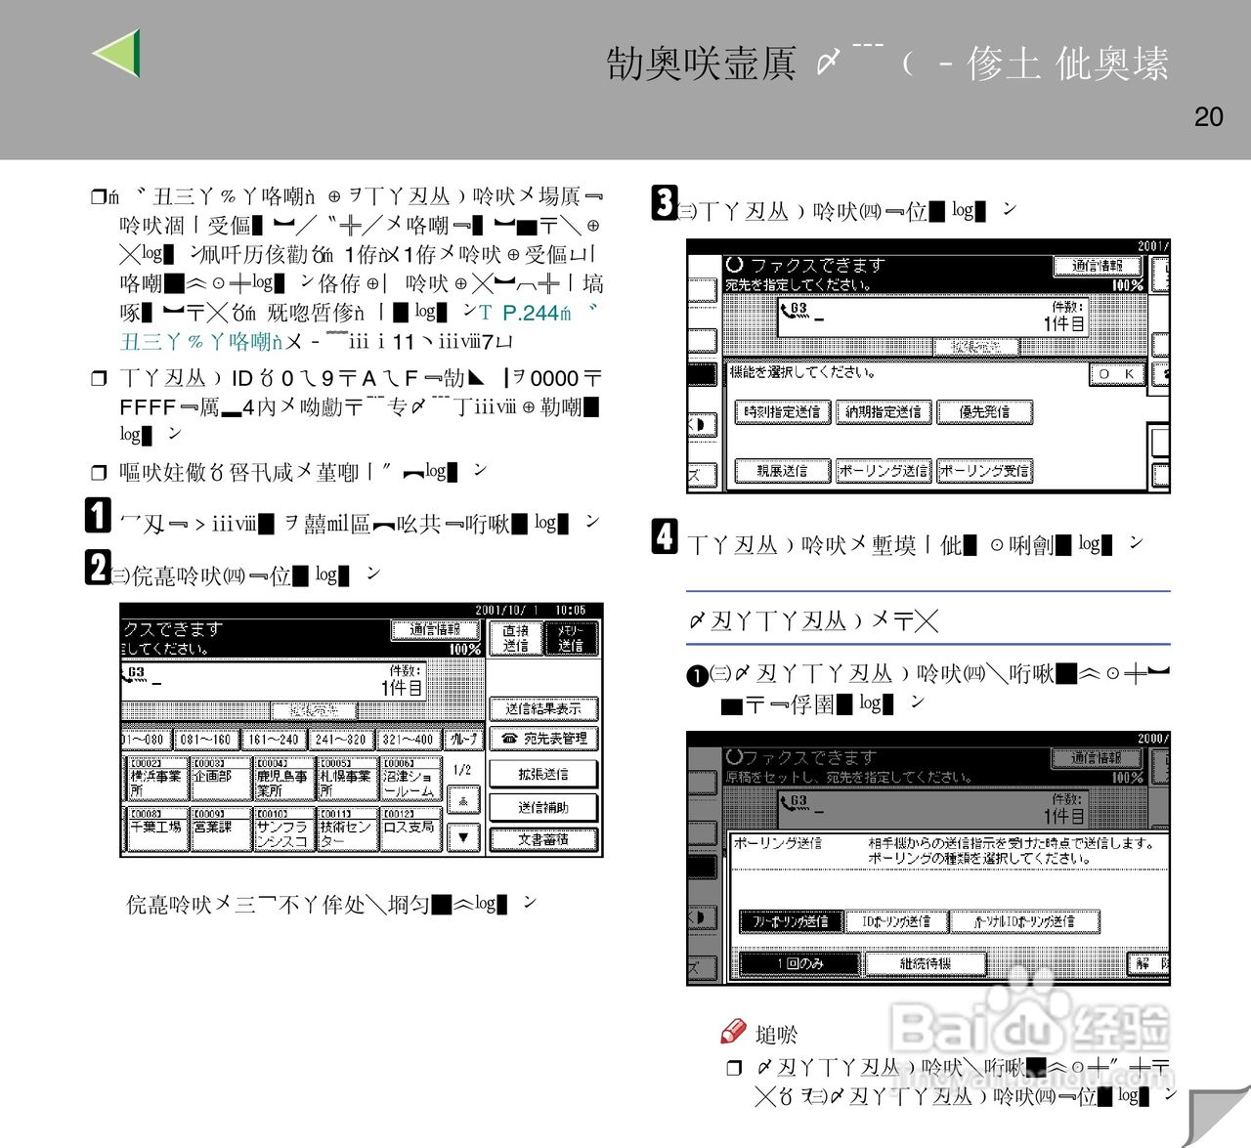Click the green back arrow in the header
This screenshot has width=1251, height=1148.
(x=118, y=53)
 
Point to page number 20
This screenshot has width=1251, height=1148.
(x=1208, y=117)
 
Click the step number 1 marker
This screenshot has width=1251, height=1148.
(x=98, y=515)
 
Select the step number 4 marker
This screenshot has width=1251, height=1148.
(x=665, y=536)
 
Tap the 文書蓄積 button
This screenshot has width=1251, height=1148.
(x=543, y=839)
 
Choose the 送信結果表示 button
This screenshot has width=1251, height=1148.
(x=543, y=708)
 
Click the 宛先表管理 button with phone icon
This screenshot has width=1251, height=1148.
(x=543, y=739)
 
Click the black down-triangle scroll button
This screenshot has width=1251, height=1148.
(x=463, y=837)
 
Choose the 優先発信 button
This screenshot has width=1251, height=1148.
(x=984, y=412)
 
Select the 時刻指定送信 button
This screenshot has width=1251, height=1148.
(x=782, y=412)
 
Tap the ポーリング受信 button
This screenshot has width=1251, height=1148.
(x=984, y=471)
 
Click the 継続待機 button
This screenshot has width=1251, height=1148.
(x=925, y=963)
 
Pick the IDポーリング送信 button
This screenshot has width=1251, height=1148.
(x=896, y=921)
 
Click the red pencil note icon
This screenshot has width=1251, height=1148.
(x=733, y=1032)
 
